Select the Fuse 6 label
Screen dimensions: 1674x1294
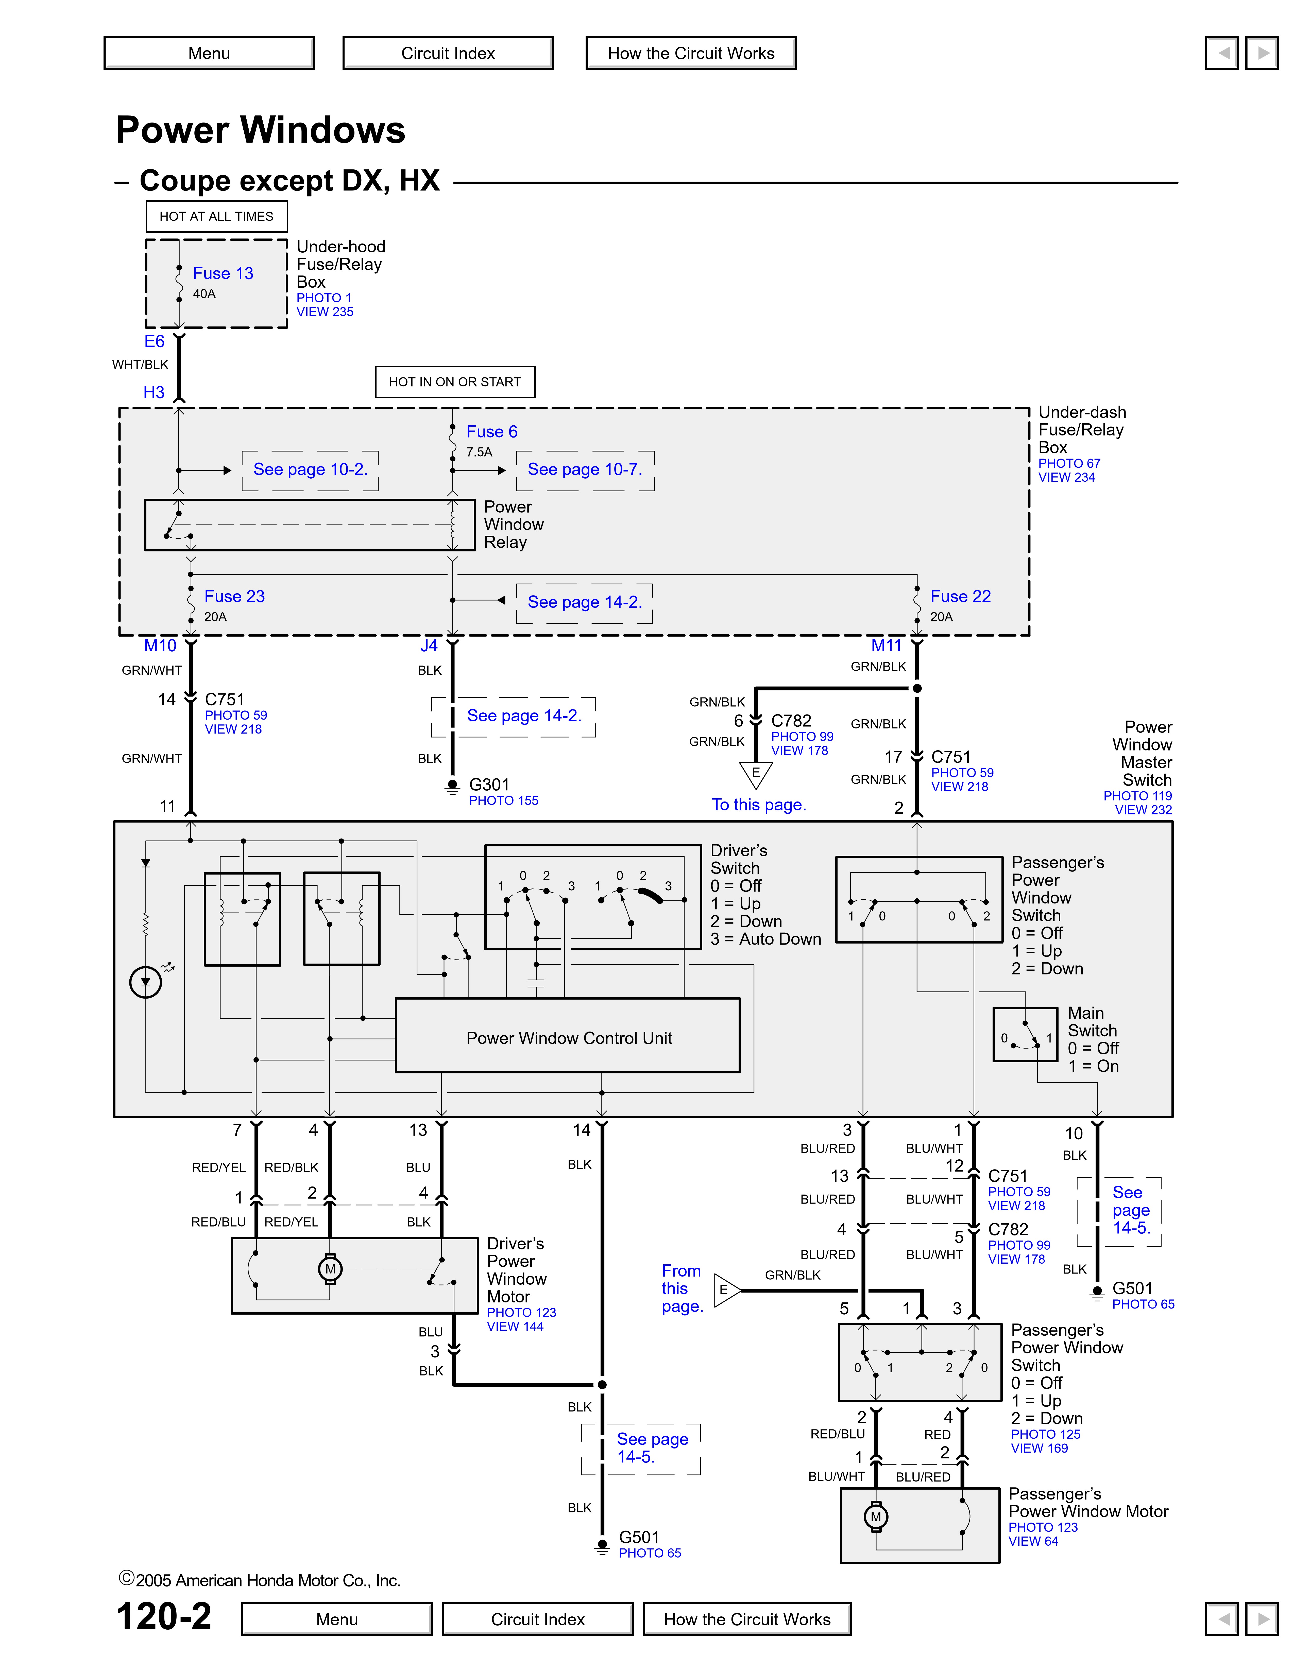(x=491, y=431)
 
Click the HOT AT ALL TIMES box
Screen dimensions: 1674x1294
(x=216, y=216)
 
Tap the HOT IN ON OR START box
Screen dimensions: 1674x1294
(x=455, y=382)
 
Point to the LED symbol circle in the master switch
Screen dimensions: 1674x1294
(x=146, y=982)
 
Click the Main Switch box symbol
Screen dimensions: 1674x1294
(x=1025, y=1034)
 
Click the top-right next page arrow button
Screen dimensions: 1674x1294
(x=1262, y=53)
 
